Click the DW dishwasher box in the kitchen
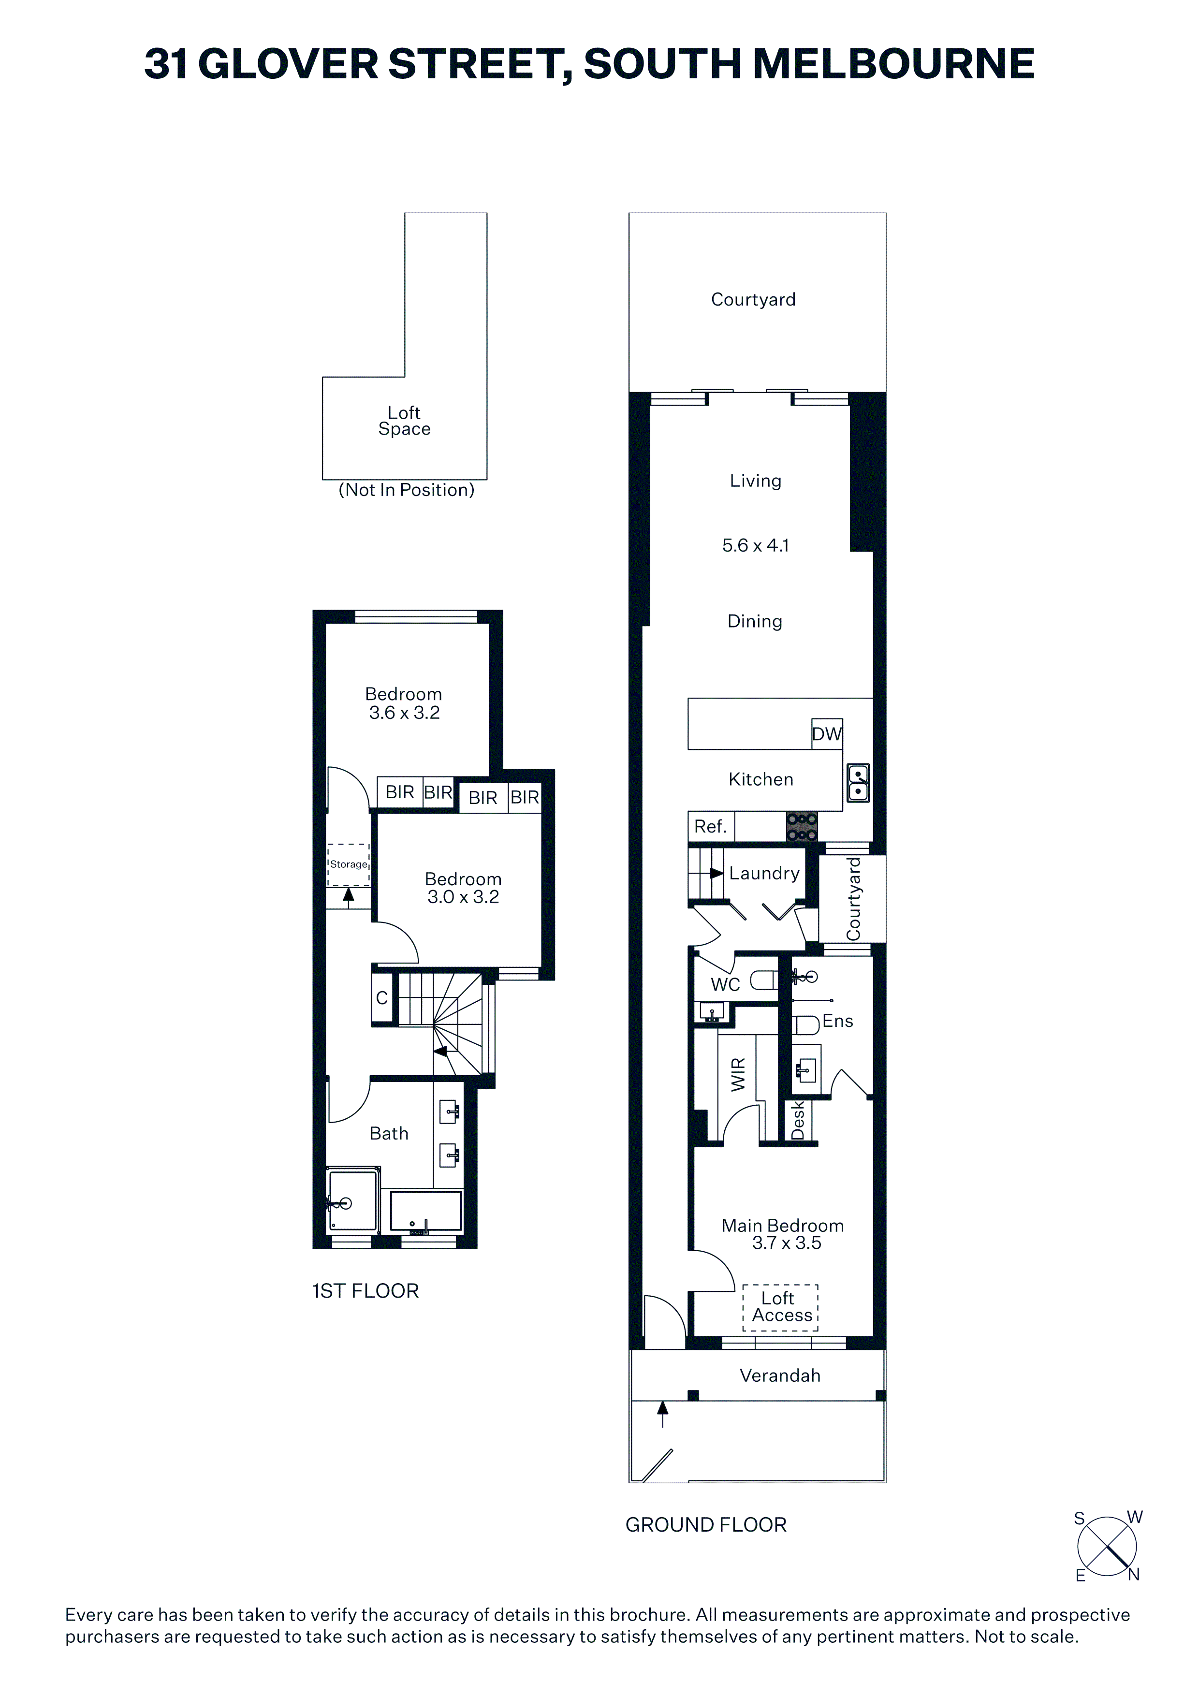(827, 733)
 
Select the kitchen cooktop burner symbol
(802, 827)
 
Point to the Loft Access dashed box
(780, 1307)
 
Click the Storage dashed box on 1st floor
(349, 865)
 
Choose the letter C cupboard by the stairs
(382, 998)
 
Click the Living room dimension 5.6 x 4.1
(756, 545)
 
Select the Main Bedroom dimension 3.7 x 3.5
(787, 1243)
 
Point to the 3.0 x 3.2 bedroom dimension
(463, 897)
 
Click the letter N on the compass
(1133, 1574)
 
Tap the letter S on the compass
(1079, 1519)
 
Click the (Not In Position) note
(406, 490)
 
